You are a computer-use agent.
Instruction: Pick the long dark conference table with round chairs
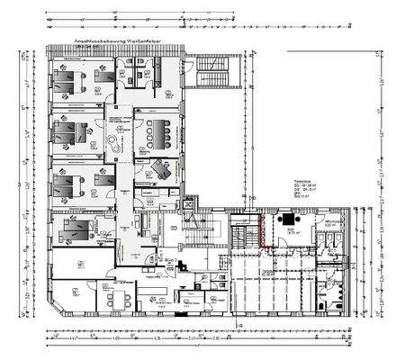[163, 130]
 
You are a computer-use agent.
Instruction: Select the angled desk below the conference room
[163, 168]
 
